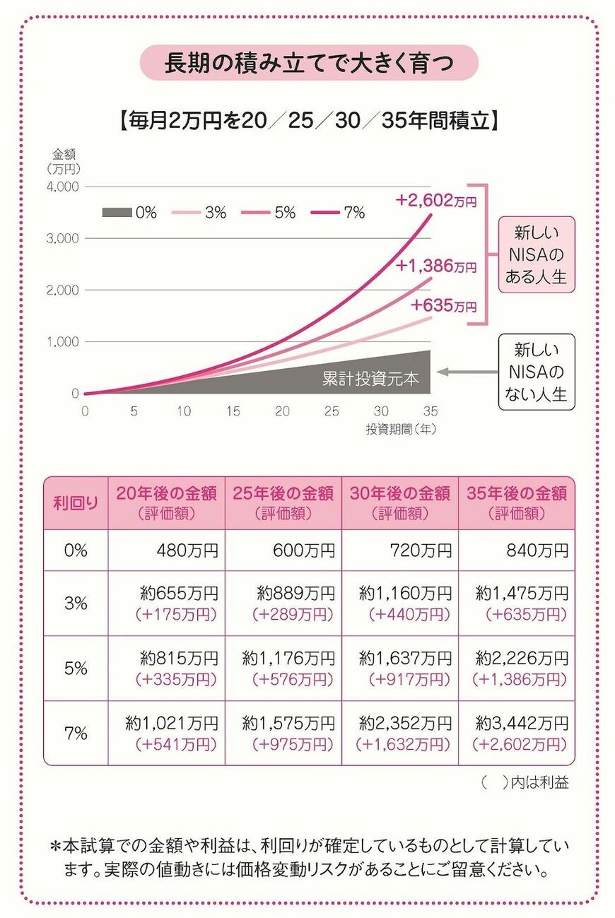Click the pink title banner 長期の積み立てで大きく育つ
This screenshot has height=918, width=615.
point(309,64)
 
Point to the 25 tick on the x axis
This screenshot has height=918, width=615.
point(332,411)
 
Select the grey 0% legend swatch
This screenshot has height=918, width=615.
point(117,212)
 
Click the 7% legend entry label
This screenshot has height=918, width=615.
point(353,212)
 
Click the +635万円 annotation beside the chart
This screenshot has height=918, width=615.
point(443,306)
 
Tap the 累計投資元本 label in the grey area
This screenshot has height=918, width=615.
point(370,379)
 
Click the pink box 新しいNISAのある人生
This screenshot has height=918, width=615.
point(536,254)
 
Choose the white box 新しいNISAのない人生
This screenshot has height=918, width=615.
point(536,372)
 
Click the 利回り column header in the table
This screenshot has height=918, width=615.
point(76,503)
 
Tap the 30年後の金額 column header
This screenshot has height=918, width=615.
point(399,502)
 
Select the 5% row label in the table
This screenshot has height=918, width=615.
point(76,668)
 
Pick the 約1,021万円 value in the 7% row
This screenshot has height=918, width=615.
point(172,723)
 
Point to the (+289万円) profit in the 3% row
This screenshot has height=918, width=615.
point(292,615)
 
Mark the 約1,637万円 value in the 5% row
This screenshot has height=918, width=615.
point(405,659)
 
